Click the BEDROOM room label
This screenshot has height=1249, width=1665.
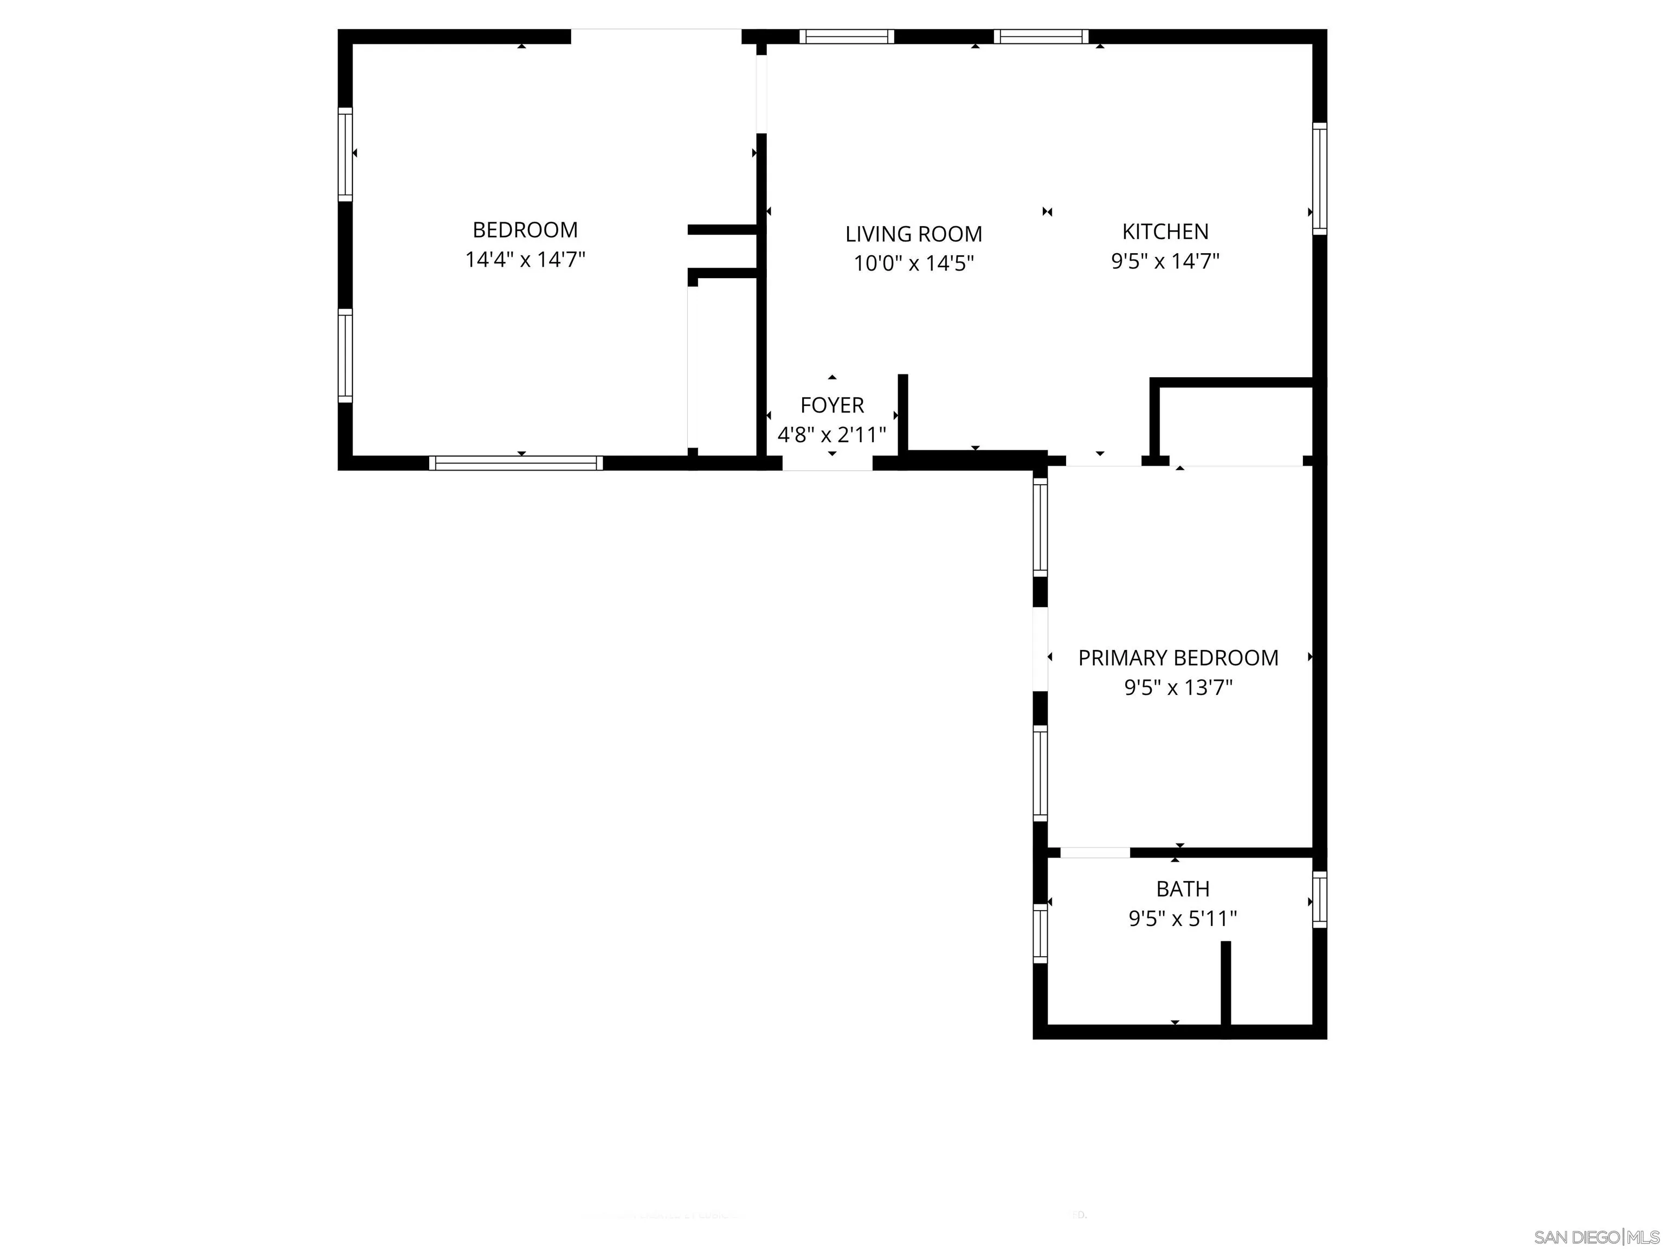click(x=525, y=230)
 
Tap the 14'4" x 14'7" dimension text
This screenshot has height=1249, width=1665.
click(x=525, y=260)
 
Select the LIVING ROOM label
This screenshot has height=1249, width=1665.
click(x=913, y=234)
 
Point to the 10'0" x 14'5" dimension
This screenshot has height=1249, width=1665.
click(x=913, y=263)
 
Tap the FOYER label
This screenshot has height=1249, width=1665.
click(x=832, y=405)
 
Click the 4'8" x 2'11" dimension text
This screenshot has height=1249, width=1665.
click(x=832, y=434)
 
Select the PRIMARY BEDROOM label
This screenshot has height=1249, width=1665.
click(x=1178, y=658)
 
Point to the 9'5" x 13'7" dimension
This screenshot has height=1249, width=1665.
click(x=1178, y=687)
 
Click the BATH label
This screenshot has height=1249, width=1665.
click(x=1183, y=889)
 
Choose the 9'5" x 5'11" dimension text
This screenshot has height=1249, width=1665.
click(x=1183, y=918)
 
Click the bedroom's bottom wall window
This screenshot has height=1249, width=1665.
click(x=515, y=463)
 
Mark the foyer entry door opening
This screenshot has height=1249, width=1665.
click(x=827, y=463)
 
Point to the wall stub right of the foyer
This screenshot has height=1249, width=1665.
click(x=902, y=416)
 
